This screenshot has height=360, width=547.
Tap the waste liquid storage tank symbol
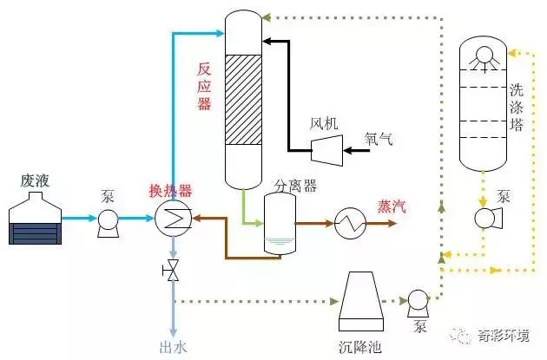point(34,220)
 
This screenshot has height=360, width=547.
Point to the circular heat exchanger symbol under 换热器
point(173,221)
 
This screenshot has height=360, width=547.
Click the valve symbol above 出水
point(173,271)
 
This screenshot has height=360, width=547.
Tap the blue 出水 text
point(173,343)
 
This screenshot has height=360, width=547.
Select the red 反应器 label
point(204,85)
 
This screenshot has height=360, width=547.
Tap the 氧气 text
point(379,139)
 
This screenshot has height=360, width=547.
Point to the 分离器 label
point(294,184)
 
